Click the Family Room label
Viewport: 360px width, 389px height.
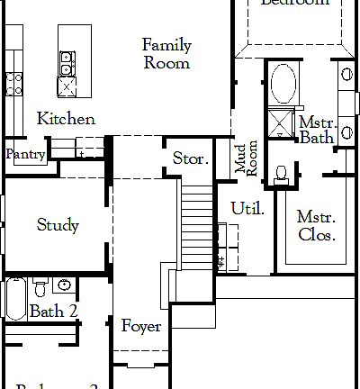pos(166,54)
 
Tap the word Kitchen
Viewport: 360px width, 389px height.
pos(66,119)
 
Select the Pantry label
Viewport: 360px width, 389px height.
pos(25,155)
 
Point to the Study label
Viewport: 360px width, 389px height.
pos(58,225)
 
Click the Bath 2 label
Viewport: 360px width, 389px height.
pos(53,312)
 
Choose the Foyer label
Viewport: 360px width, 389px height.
pos(141,326)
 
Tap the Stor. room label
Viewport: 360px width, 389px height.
pos(191,159)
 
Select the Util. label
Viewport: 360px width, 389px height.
pos(247,209)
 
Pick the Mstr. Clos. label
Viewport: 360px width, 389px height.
pos(317,226)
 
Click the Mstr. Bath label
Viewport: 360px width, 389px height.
pos(317,130)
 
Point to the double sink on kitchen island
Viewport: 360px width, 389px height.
pos(67,62)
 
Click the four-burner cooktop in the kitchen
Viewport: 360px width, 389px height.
pos(13,85)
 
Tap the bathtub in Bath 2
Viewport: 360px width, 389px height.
pos(14,300)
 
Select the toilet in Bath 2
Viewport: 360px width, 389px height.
pos(40,289)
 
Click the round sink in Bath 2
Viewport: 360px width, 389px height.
pos(64,285)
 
